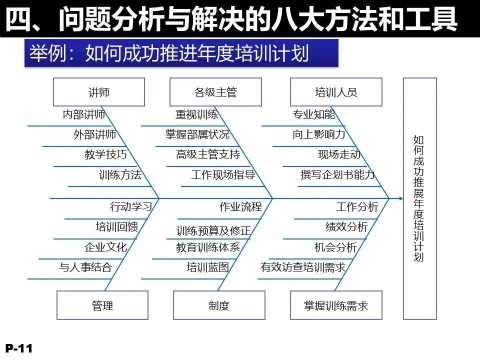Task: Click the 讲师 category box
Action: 99,92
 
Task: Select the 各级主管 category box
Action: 215,92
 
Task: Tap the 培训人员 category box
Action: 336,92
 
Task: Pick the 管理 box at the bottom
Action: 102,305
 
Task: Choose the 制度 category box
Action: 219,305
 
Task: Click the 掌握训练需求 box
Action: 336,305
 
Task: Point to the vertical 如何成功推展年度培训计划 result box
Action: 419,198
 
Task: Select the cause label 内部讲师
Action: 84,114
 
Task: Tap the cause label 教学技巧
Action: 105,154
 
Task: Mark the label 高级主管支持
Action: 208,154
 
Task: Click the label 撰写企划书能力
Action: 337,175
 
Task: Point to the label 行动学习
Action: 130,206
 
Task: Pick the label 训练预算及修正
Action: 213,230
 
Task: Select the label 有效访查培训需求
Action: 303,267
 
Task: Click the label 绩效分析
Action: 346,227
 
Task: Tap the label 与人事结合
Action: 85,267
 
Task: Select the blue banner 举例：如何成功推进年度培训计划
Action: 181,53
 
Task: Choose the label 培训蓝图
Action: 207,267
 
